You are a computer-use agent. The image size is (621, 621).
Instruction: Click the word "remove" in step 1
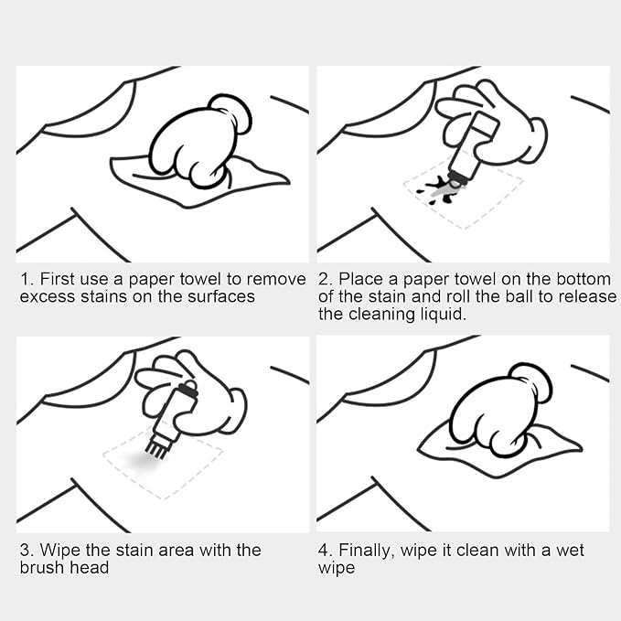[276, 279]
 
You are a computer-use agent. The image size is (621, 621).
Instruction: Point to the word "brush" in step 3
[42, 568]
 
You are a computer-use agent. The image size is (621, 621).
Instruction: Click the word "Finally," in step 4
[367, 551]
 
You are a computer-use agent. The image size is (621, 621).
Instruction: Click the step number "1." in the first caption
[27, 279]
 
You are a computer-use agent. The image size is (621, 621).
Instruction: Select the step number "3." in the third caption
[27, 550]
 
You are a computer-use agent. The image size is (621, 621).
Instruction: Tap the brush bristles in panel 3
[155, 450]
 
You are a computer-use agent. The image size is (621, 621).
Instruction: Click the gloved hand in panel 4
[499, 411]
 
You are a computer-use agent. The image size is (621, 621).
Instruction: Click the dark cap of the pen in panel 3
[187, 390]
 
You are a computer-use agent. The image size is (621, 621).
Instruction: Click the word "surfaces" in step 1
[221, 296]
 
